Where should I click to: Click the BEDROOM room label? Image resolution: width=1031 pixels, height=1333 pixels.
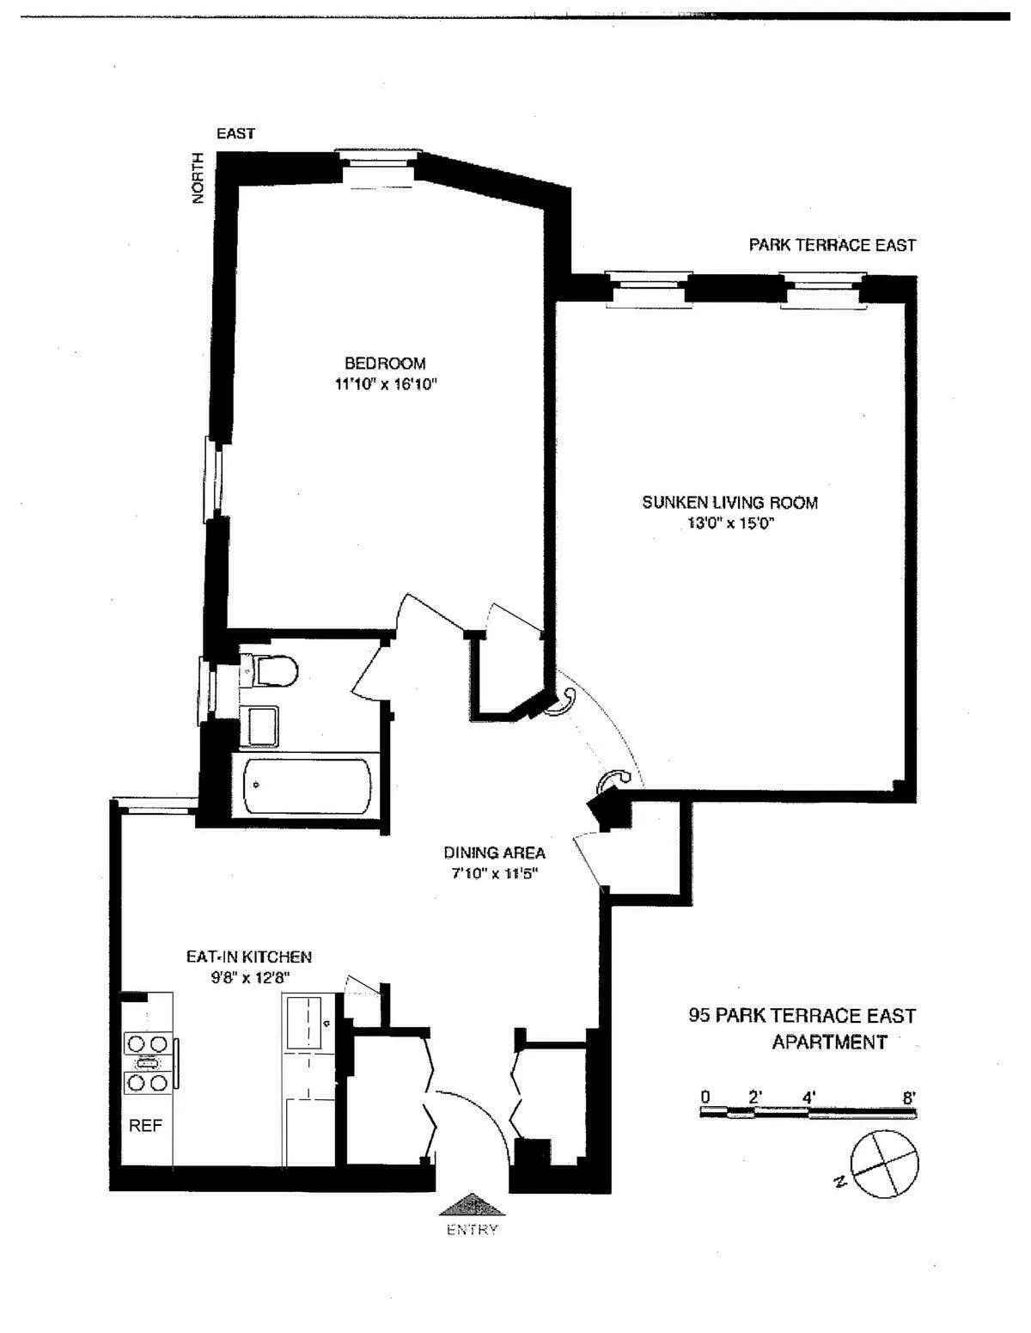(385, 364)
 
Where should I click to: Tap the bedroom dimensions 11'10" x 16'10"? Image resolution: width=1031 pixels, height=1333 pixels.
(387, 385)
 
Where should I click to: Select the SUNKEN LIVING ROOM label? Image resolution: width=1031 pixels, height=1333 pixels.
(729, 503)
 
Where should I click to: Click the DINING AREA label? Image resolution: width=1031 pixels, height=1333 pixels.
(494, 853)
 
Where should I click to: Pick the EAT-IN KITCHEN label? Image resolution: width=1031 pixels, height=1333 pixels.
(249, 957)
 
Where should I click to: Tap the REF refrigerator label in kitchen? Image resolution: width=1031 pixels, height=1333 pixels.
(145, 1126)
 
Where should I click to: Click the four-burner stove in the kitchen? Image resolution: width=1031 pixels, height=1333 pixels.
(147, 1063)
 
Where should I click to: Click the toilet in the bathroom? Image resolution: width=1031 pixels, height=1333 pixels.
(272, 670)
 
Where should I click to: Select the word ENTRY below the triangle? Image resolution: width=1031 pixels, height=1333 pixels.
(472, 1229)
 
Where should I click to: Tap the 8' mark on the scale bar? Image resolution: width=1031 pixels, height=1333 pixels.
(909, 1097)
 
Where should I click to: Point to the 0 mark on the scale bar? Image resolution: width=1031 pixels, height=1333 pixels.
(705, 1097)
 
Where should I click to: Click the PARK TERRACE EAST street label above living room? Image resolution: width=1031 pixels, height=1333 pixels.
(832, 245)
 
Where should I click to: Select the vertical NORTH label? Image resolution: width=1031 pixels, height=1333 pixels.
(198, 178)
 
